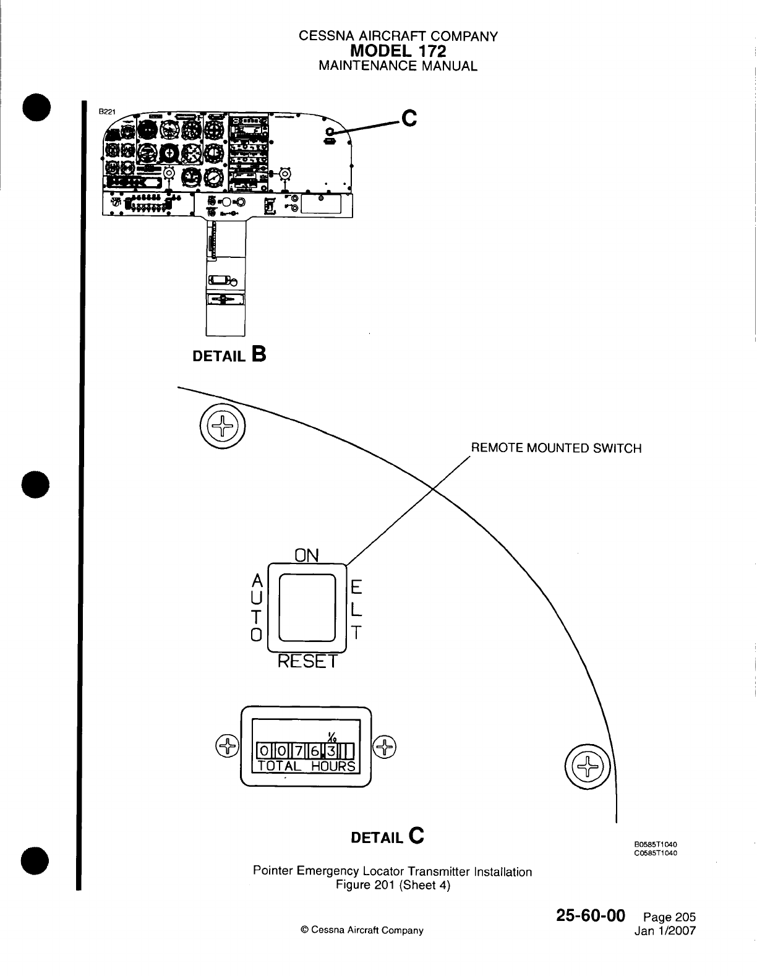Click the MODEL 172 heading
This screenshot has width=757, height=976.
tap(398, 51)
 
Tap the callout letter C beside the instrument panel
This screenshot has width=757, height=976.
tap(409, 117)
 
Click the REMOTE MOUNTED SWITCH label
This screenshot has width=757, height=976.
tap(556, 448)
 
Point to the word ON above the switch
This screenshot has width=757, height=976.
tap(307, 555)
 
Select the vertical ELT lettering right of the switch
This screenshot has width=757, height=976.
tap(356, 608)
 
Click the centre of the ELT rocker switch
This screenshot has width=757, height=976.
tap(307, 607)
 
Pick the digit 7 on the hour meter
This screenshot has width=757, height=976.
tap(297, 751)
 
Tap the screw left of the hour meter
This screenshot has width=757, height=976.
tap(226, 747)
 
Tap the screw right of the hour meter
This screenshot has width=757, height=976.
tap(385, 747)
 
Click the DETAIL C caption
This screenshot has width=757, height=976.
tap(387, 837)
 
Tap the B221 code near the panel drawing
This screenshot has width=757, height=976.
tap(108, 112)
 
